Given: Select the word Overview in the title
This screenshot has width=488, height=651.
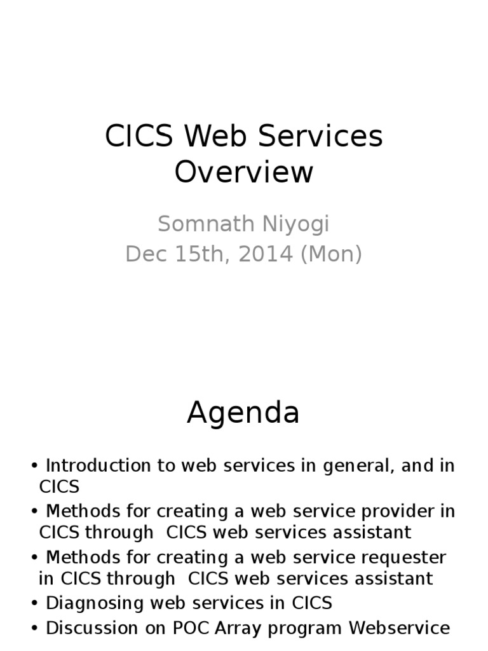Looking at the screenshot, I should pos(244,173).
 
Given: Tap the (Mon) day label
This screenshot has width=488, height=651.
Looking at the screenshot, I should pos(331,254).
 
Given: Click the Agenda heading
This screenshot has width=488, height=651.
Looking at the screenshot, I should pos(243,414).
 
